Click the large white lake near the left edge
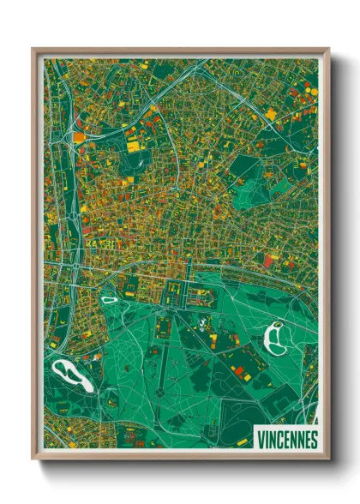pyautogui.click(x=71, y=375)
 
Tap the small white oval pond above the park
pyautogui.click(x=110, y=299)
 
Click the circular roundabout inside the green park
pyautogui.click(x=159, y=393)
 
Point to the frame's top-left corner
pyautogui.click(x=33, y=50)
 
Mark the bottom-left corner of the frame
pyautogui.click(x=33, y=458)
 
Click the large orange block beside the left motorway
pyautogui.click(x=79, y=135)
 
